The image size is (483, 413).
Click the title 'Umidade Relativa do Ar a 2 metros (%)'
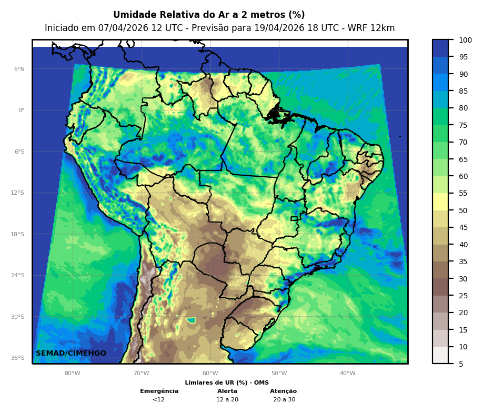(209, 15)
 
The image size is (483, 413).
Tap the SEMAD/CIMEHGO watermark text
(71, 353)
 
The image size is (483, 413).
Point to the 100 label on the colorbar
(465, 40)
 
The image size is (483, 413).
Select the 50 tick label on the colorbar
(463, 210)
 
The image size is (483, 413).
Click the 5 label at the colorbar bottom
(461, 364)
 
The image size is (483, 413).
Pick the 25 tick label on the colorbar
(463, 296)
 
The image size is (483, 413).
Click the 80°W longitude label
(73, 374)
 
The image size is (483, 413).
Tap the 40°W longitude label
(347, 374)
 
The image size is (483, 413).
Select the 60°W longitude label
(210, 374)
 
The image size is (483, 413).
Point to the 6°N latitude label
(19, 69)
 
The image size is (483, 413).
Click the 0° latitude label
(21, 110)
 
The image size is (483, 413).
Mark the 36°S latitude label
(18, 358)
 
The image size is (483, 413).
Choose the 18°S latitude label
(18, 234)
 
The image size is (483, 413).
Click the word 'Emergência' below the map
(159, 391)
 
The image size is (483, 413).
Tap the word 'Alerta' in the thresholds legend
(227, 391)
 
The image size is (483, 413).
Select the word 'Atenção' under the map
(284, 391)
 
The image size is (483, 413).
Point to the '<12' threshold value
(158, 399)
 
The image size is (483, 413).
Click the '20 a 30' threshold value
(284, 399)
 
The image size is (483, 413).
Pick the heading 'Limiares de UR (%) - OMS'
(227, 382)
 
